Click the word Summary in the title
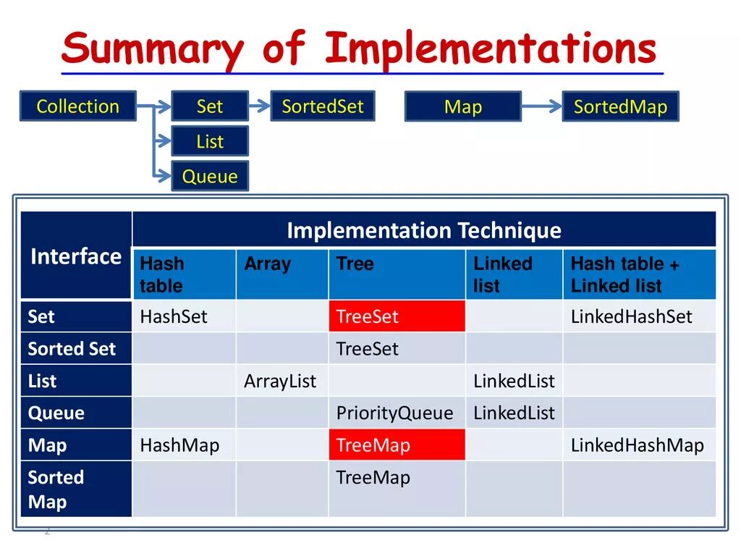[x=152, y=49]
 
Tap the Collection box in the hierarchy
[x=78, y=106]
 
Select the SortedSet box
[x=323, y=106]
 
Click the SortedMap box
[x=620, y=106]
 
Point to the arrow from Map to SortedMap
[x=541, y=106]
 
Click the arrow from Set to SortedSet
[x=260, y=106]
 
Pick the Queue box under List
[x=210, y=176]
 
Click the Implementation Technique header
[x=424, y=230]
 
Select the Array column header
[x=282, y=274]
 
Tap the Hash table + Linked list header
[x=640, y=274]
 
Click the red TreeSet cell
[x=397, y=316]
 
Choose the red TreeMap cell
[x=397, y=445]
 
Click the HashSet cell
[x=185, y=316]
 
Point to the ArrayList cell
[x=282, y=381]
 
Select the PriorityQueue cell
[x=397, y=413]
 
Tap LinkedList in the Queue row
[x=515, y=413]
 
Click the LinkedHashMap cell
[x=640, y=445]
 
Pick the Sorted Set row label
[x=76, y=348]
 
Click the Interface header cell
[x=76, y=256]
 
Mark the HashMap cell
[x=185, y=445]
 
